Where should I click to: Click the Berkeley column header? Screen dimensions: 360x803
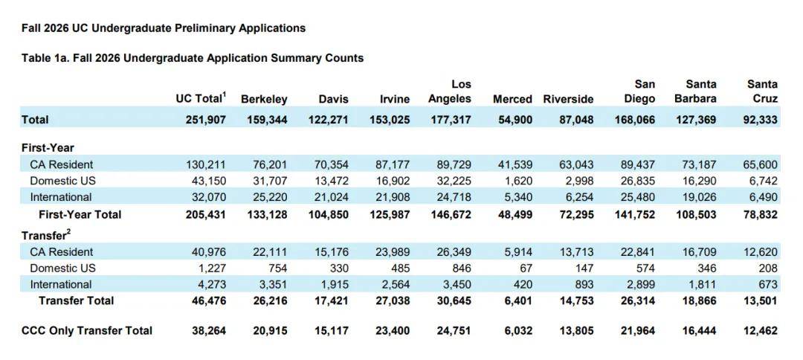click(264, 99)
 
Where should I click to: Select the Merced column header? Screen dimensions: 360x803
click(512, 99)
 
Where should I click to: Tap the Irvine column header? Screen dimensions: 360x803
click(394, 99)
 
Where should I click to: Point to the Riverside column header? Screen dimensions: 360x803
click(568, 99)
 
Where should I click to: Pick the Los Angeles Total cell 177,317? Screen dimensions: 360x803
click(449, 119)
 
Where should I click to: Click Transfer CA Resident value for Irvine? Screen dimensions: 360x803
click(393, 251)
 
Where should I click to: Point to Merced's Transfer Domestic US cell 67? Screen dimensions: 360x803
click(525, 268)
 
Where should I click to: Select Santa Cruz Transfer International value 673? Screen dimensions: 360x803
click(766, 284)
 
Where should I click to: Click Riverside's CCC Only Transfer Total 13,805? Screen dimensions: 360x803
click(577, 330)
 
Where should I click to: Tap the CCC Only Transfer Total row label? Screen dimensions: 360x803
click(87, 330)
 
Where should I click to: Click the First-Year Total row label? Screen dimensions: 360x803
click(80, 214)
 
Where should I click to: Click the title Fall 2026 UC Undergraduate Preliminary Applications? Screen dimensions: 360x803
click(164, 28)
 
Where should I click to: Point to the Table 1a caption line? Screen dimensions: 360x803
click(193, 57)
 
